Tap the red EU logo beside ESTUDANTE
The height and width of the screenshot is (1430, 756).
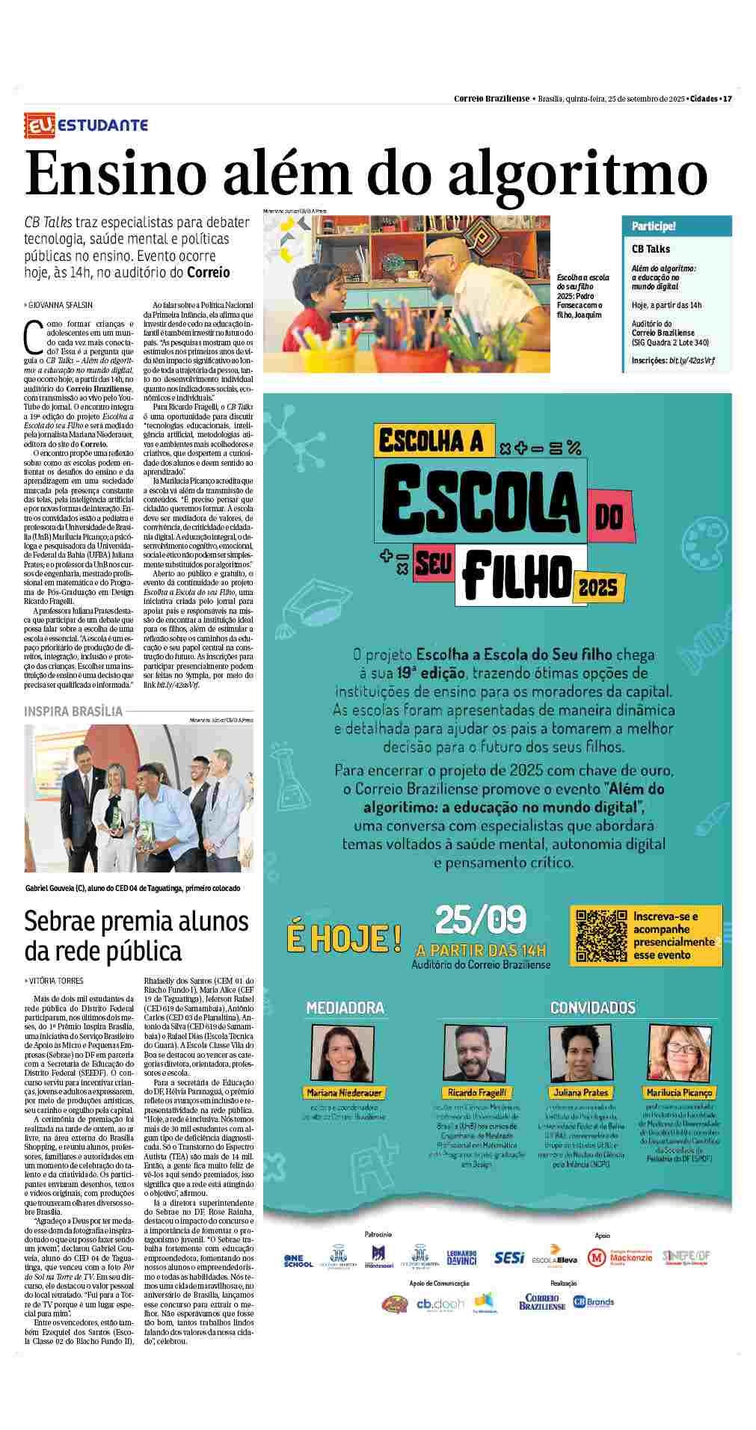pyautogui.click(x=38, y=125)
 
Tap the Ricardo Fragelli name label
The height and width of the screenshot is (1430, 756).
pyautogui.click(x=477, y=1092)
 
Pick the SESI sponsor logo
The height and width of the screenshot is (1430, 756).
pyautogui.click(x=509, y=1258)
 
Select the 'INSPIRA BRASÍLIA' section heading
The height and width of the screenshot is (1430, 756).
pyautogui.click(x=73, y=711)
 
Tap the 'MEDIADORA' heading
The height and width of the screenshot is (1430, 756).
pyautogui.click(x=345, y=1008)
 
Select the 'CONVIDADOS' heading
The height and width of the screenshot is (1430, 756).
pyautogui.click(x=592, y=1008)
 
